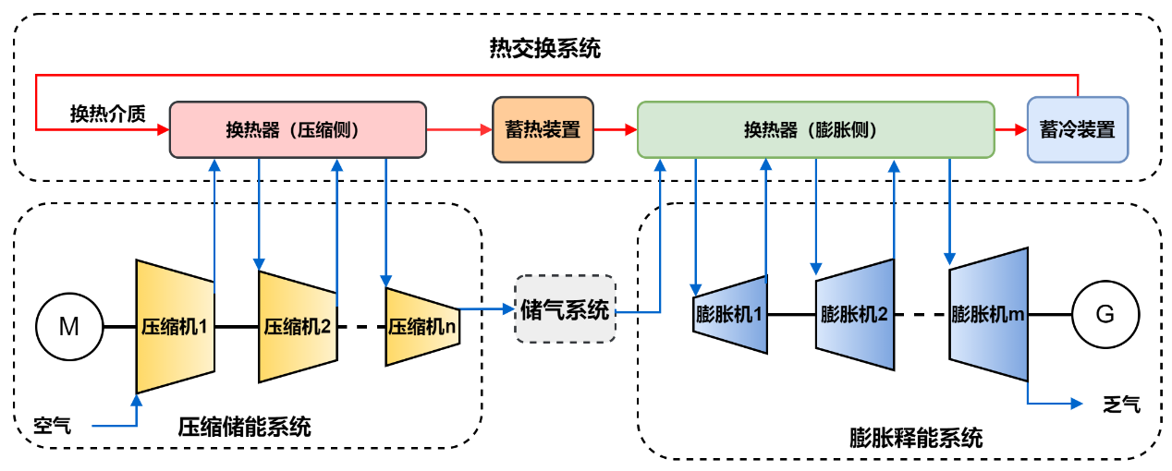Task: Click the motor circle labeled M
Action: pos(69,327)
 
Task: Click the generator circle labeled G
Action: pos(1105,314)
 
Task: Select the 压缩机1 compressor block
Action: pos(175,327)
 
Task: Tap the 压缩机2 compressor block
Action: pos(298,327)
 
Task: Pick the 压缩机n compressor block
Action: pos(421,327)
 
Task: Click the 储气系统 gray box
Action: pos(565,309)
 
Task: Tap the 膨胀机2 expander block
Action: pos(855,314)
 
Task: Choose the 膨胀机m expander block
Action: pos(989,314)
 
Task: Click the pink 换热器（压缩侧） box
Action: pos(298,129)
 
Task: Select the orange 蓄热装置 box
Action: pos(543,129)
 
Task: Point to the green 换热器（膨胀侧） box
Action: pos(816,129)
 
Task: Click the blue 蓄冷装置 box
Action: pos(1078,129)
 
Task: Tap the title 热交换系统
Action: pos(544,48)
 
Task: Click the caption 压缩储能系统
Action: pos(244,428)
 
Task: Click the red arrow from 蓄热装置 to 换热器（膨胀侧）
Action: pos(615,130)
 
